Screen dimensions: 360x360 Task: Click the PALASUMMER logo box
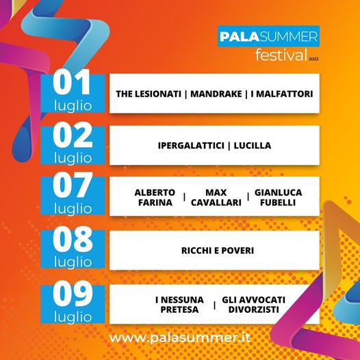click(268, 36)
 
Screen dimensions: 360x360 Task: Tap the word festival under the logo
click(281, 55)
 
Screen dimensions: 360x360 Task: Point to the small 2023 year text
click(313, 60)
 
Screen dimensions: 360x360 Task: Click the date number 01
click(71, 82)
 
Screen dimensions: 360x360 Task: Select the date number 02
click(73, 135)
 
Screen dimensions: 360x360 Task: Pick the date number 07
click(73, 185)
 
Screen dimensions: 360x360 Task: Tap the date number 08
click(73, 239)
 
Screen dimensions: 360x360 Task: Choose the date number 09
click(73, 294)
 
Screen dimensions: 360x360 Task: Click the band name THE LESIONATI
click(149, 94)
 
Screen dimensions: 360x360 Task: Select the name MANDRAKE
click(216, 94)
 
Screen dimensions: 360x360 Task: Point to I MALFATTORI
click(282, 94)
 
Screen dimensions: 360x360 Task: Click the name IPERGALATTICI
click(191, 146)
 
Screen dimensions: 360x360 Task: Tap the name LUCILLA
click(253, 146)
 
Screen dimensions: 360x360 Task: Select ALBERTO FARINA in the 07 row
click(155, 197)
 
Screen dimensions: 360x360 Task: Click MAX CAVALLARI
click(216, 197)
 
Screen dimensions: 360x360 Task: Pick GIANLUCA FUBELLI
click(279, 197)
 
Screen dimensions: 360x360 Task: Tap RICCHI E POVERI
click(218, 250)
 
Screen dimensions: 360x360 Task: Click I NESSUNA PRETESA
click(179, 305)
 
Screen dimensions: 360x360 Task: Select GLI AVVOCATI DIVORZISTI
click(254, 305)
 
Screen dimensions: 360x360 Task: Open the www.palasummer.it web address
click(179, 338)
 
